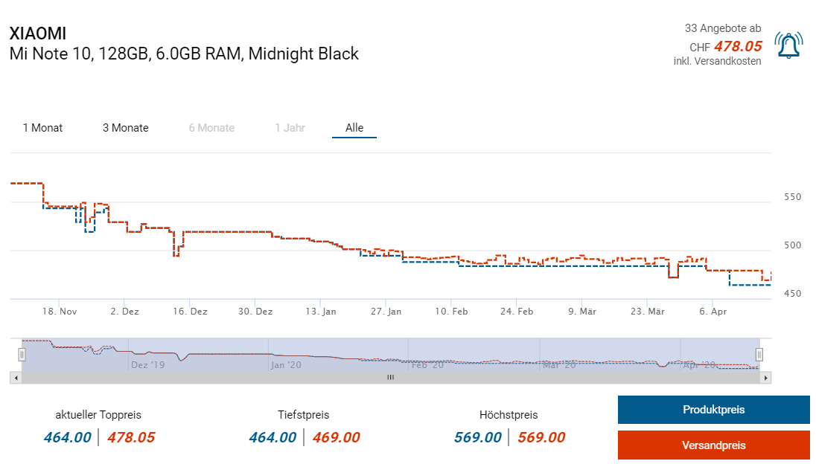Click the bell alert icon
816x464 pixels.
point(788,45)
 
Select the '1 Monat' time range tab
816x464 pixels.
point(42,128)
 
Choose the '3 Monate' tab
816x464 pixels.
point(126,128)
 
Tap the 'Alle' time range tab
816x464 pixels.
point(354,128)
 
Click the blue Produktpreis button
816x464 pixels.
point(713,410)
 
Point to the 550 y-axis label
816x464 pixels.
point(793,197)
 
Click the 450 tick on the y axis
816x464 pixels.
point(793,294)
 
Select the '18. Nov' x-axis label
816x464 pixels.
point(60,312)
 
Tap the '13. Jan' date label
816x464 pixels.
point(322,312)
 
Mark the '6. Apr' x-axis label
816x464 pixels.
point(713,312)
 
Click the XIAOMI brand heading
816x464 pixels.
point(37,34)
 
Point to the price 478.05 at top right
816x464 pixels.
point(738,46)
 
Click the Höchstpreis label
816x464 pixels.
point(509,415)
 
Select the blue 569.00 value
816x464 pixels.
point(477,437)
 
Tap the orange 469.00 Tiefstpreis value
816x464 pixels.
point(336,437)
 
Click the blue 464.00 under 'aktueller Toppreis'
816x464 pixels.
point(67,437)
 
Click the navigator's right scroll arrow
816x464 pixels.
point(766,378)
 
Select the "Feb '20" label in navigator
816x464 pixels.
point(428,365)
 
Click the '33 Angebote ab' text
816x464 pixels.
point(723,28)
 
